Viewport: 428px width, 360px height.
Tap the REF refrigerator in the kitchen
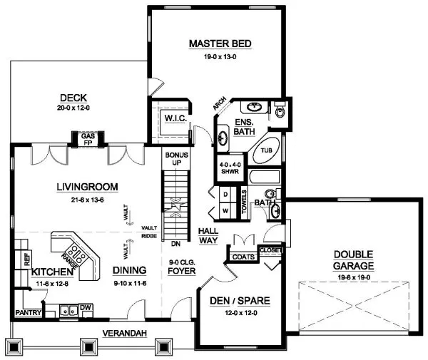pyautogui.click(x=27, y=261)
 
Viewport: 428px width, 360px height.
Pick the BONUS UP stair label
pyautogui.click(x=175, y=158)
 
